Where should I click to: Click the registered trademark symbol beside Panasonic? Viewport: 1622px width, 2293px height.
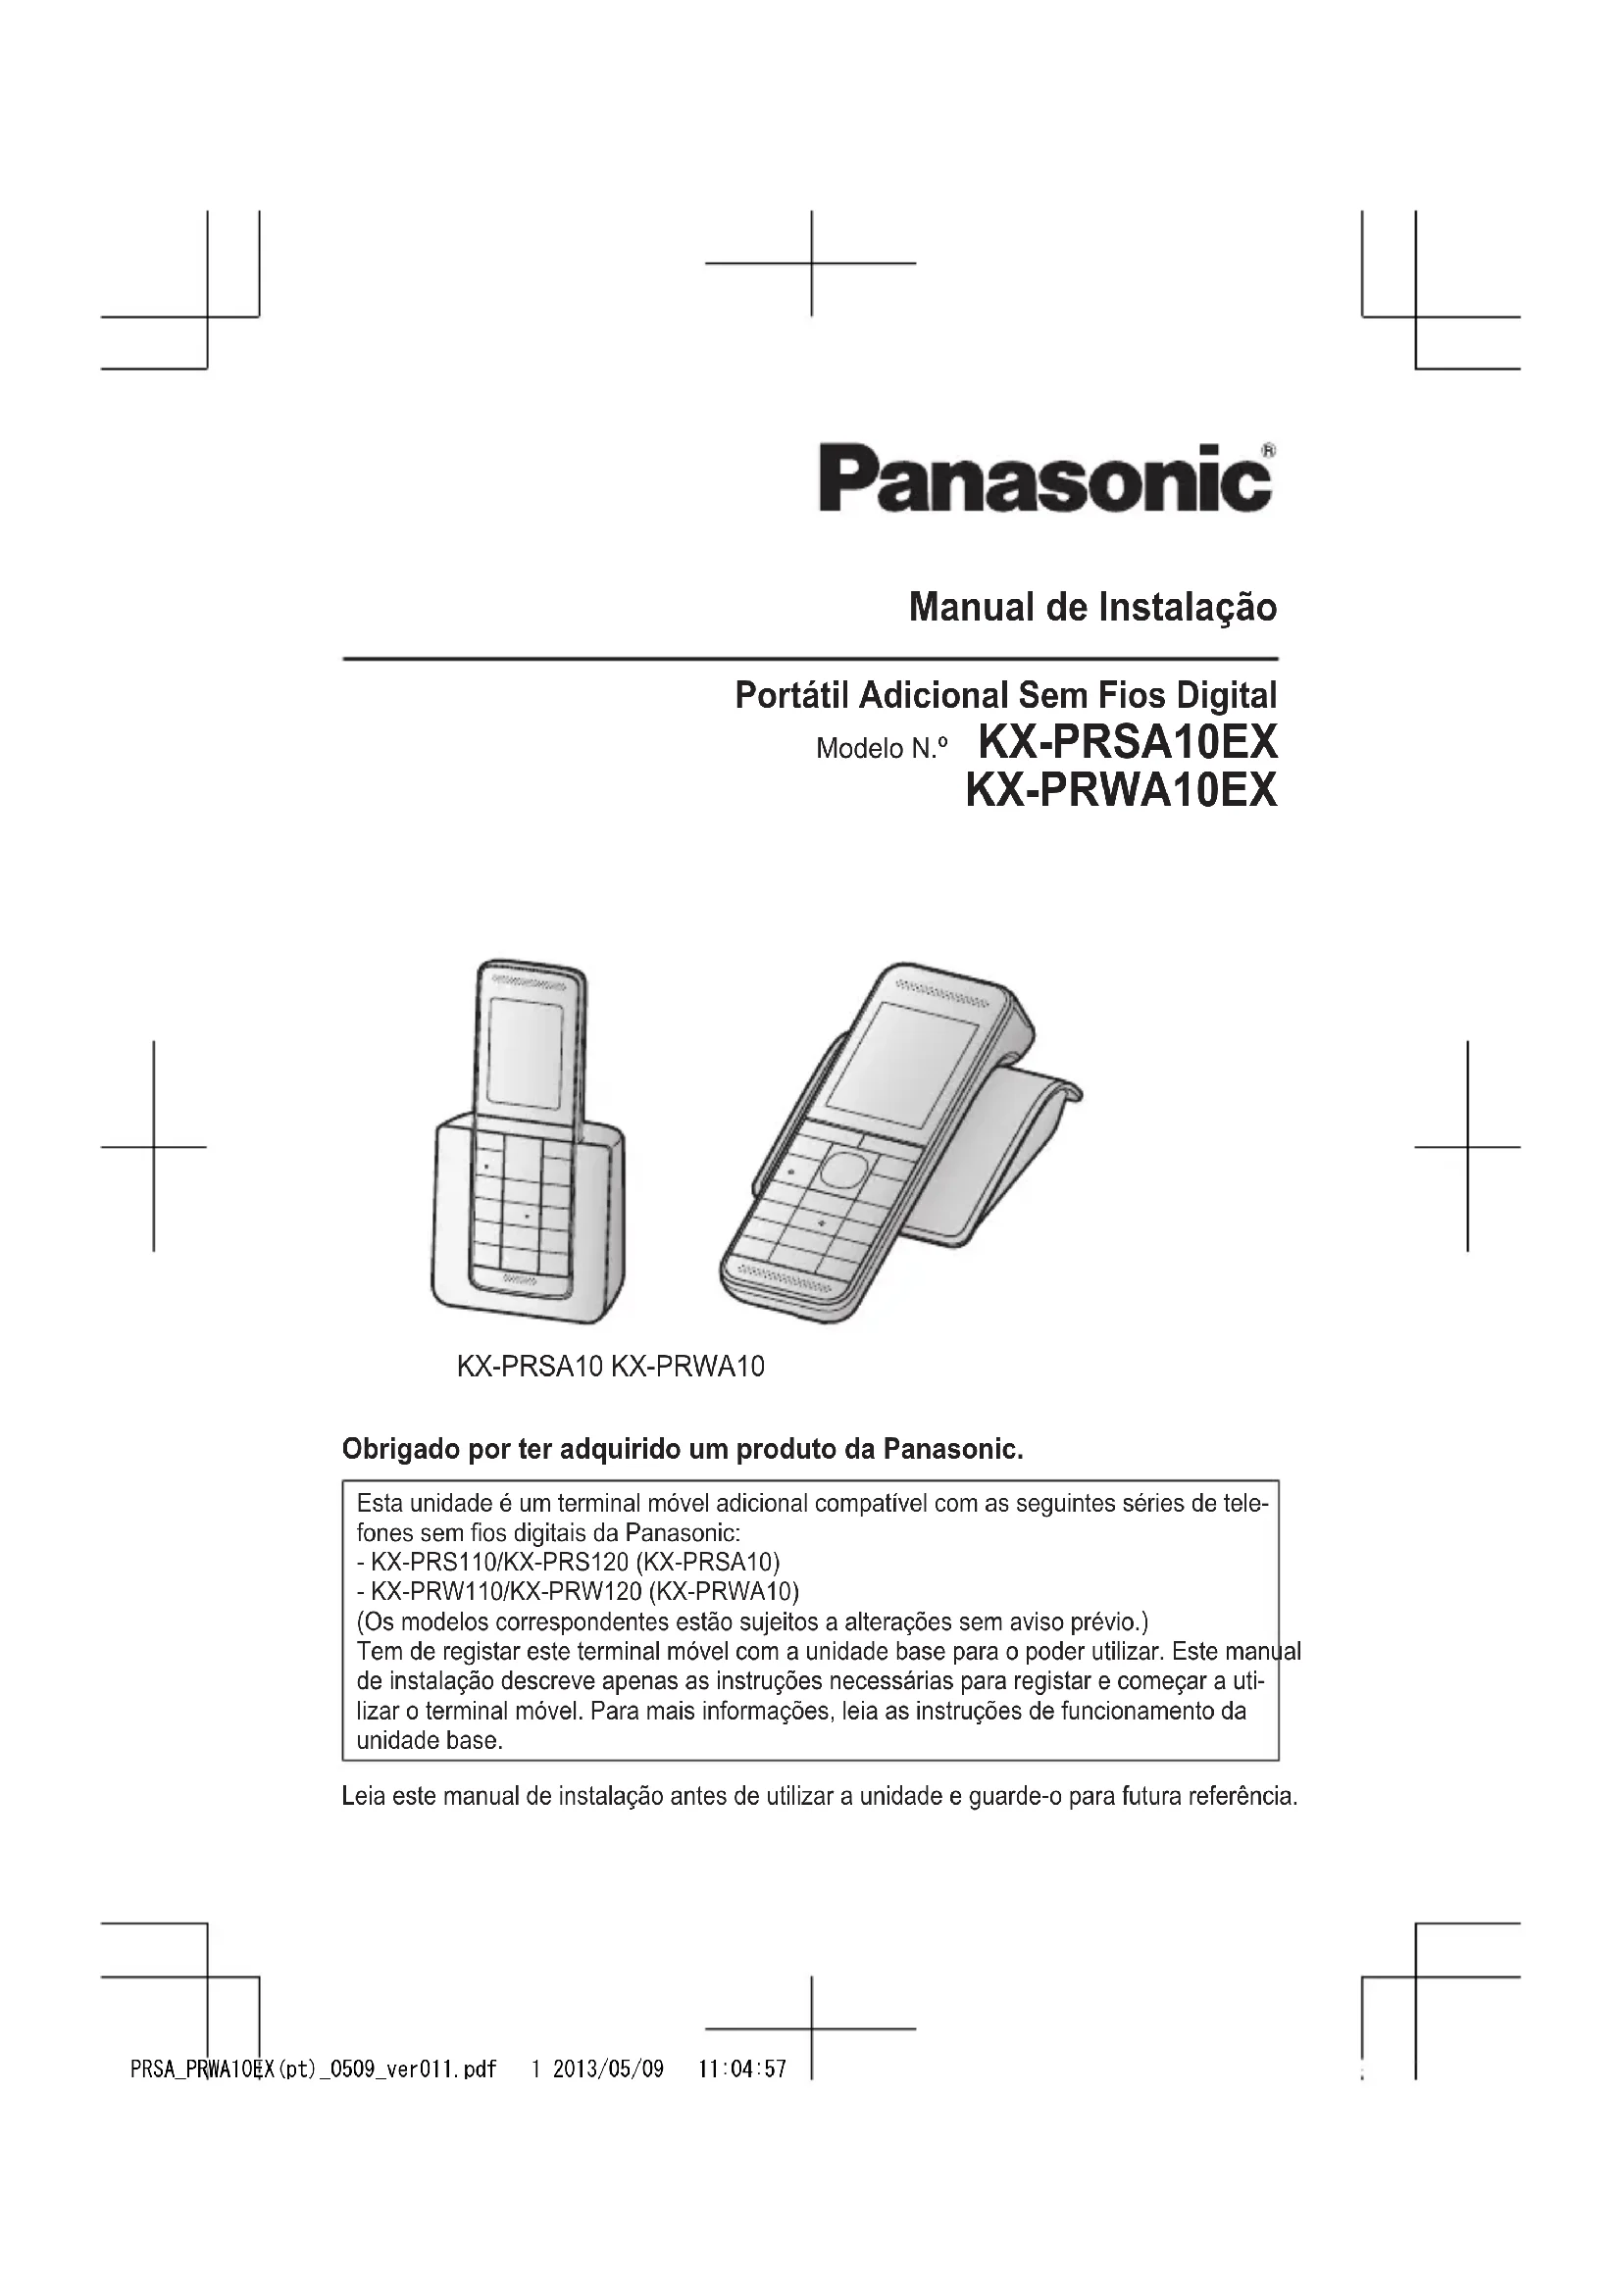tap(1267, 450)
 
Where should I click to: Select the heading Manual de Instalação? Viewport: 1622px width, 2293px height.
tap(1091, 607)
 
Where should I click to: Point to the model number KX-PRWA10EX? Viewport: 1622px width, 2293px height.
tap(1121, 791)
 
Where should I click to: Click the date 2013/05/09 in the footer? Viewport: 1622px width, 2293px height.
tap(607, 2069)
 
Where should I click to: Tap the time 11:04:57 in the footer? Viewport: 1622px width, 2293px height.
tap(742, 2069)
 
